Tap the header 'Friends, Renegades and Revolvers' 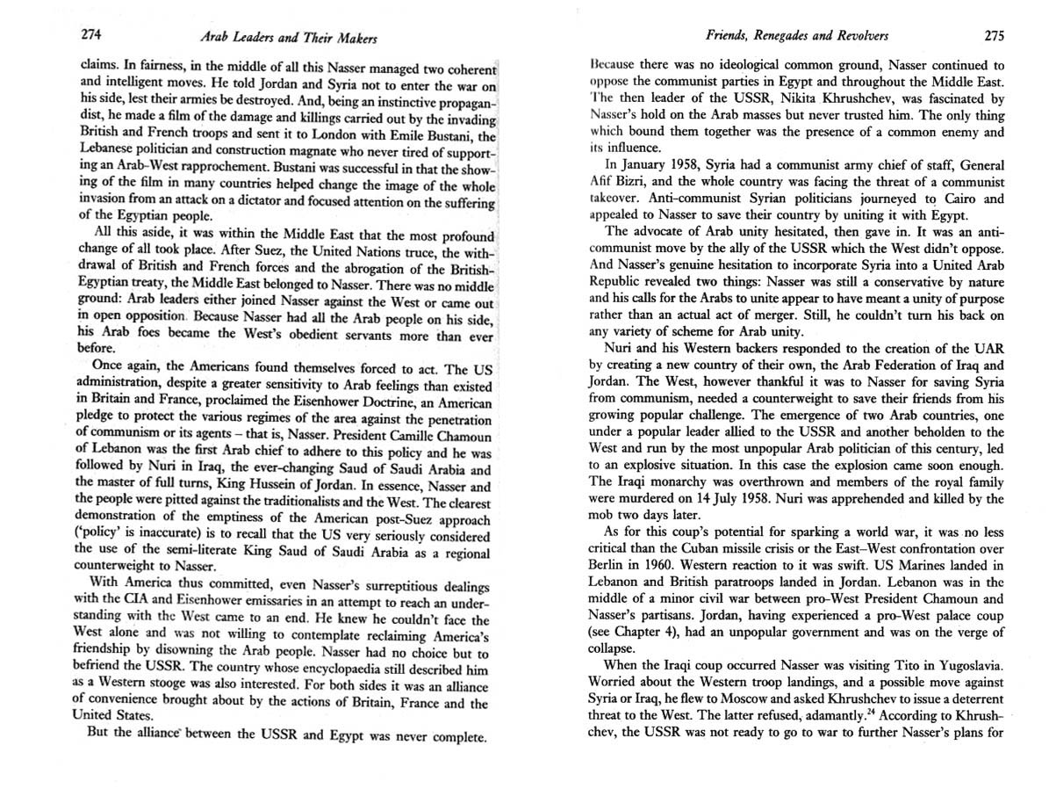(797, 36)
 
